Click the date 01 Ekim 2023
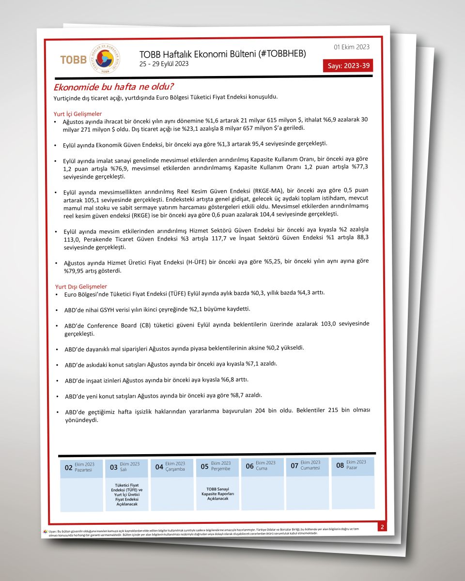pyautogui.click(x=352, y=47)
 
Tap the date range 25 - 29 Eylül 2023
pyautogui.click(x=164, y=64)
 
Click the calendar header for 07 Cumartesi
pyautogui.click(x=308, y=465)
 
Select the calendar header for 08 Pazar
pyautogui.click(x=353, y=465)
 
